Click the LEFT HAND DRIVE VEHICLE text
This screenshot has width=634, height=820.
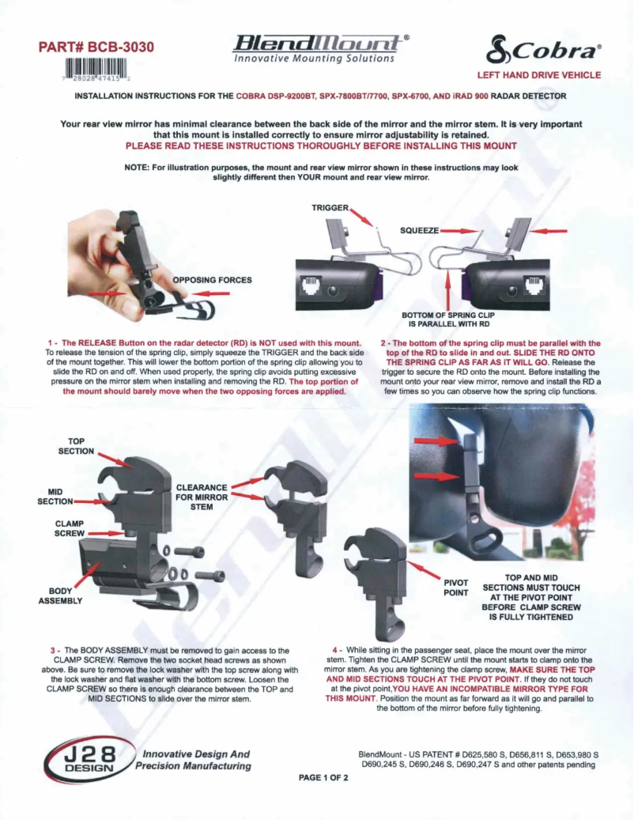click(538, 76)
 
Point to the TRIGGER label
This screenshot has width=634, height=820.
click(330, 207)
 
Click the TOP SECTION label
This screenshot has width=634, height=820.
click(76, 446)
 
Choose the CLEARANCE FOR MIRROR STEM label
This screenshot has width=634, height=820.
click(202, 497)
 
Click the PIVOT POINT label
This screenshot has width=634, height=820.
click(456, 586)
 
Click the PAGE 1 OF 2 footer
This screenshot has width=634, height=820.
click(323, 777)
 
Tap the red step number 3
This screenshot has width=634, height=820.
click(52, 650)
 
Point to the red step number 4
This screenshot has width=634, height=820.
click(336, 650)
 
